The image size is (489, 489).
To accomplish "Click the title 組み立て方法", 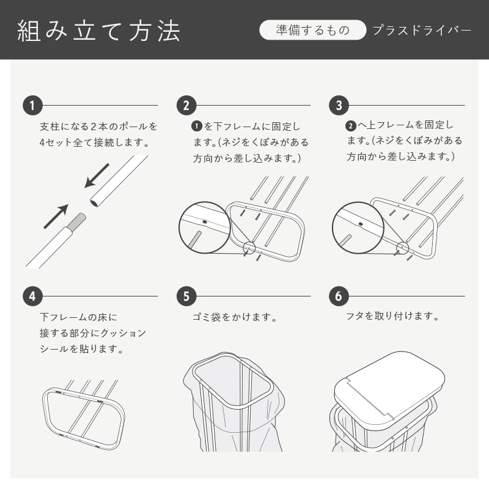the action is (x=99, y=31).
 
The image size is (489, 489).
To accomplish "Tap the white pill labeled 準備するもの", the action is (x=312, y=30).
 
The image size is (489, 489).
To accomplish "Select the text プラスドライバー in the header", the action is (x=422, y=30).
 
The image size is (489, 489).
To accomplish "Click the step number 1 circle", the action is (x=32, y=105).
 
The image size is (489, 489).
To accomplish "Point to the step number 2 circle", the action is (x=186, y=105).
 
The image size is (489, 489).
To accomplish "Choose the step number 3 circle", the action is (x=339, y=105).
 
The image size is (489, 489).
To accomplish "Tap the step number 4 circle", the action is (x=32, y=296).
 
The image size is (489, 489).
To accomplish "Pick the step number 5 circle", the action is (x=186, y=296).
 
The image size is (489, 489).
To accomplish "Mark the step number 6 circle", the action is (x=339, y=296).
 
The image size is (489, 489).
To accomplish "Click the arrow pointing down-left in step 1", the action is (x=97, y=175).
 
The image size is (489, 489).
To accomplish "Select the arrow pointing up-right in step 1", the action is (x=56, y=216).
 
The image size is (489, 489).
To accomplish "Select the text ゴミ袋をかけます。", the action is (x=235, y=317).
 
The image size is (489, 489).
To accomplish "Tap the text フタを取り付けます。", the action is (x=392, y=316).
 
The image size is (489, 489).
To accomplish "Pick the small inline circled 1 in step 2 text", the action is (x=196, y=127).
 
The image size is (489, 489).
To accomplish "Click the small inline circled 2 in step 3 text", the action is (x=351, y=126).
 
